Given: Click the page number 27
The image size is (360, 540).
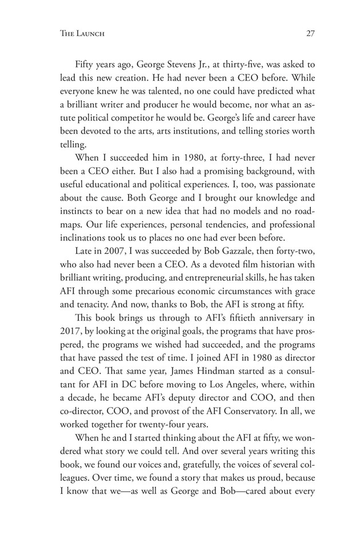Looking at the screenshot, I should tap(311, 33).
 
